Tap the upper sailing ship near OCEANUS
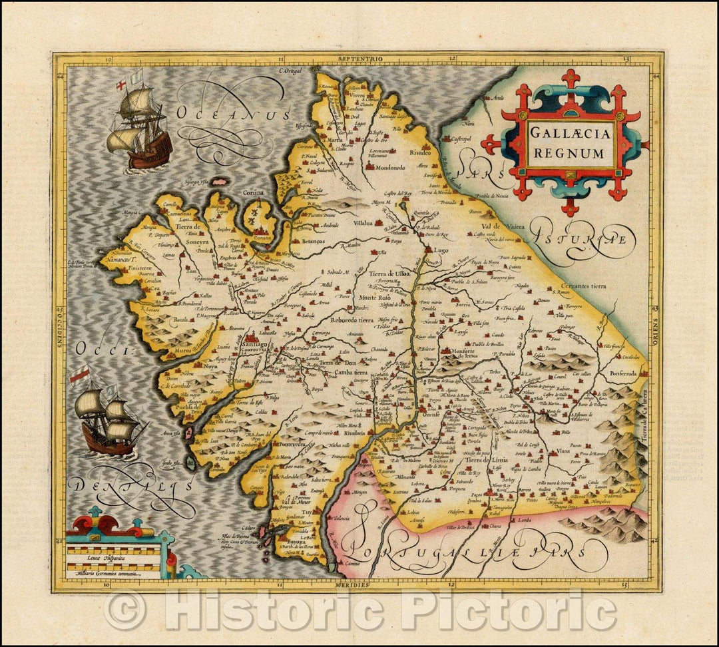pos(140,121)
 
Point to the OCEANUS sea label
pos(233,114)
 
